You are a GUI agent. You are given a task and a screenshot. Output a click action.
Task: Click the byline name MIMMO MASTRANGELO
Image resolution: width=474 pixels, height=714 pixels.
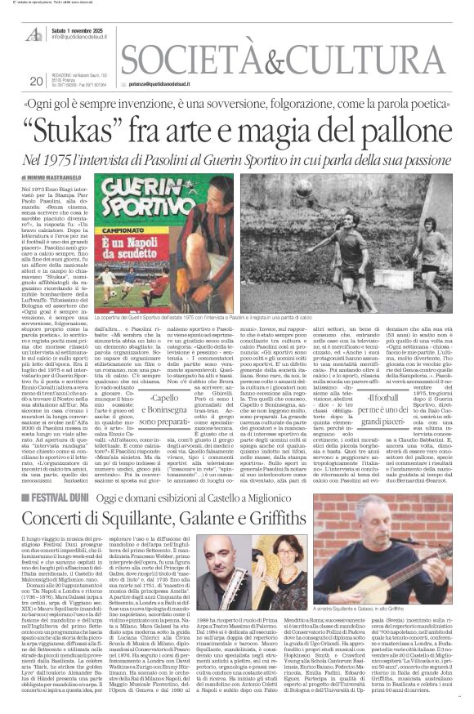pyautogui.click(x=58, y=176)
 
